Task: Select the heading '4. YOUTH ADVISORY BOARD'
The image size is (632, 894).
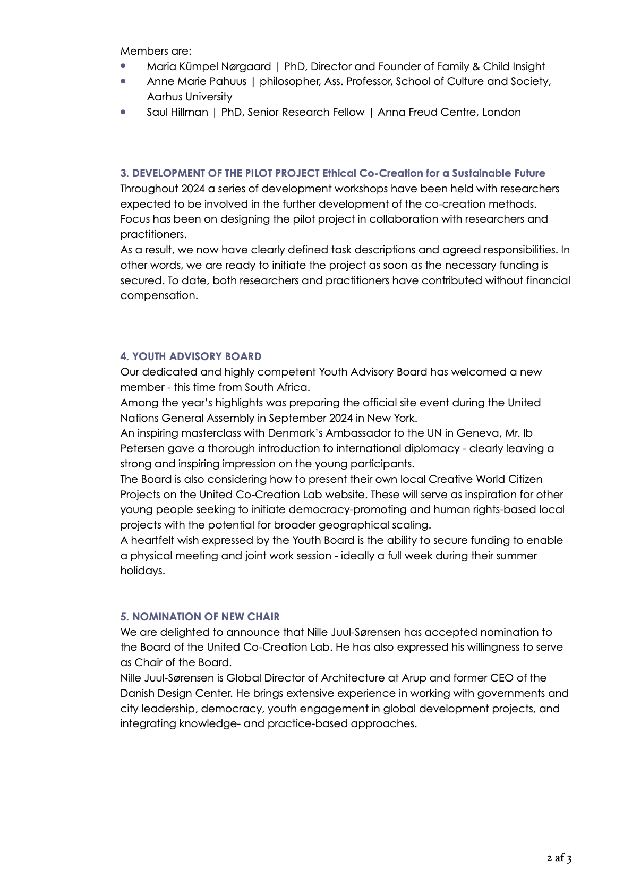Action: click(191, 356)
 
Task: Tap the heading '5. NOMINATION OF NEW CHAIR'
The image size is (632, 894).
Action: click(200, 617)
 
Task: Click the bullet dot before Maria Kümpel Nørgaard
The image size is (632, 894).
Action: click(124, 66)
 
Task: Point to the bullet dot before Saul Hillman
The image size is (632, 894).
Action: click(124, 112)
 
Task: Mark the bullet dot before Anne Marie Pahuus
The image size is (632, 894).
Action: click(124, 81)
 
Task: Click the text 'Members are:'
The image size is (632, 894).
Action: click(156, 51)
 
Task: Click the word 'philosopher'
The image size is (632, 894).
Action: click(286, 81)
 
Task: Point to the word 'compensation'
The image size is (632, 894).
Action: click(158, 295)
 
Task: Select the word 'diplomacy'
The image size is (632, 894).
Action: click(434, 448)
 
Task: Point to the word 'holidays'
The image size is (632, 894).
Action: click(142, 571)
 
